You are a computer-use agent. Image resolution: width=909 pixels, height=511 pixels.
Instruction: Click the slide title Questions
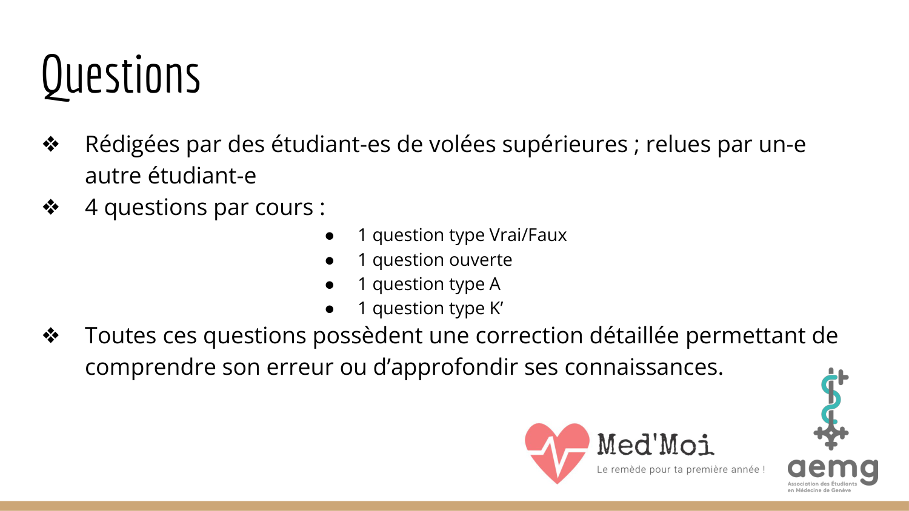(121, 76)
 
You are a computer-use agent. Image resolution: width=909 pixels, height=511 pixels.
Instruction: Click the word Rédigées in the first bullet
(132, 145)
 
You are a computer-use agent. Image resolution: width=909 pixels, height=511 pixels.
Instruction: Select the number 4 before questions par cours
(91, 208)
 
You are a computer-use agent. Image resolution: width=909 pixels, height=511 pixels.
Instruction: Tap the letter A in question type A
(494, 284)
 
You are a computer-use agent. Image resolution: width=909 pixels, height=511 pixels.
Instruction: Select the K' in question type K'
(496, 308)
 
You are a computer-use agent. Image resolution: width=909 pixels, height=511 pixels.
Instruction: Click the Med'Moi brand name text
(655, 444)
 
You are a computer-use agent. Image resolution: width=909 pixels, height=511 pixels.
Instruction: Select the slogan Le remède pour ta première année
(680, 469)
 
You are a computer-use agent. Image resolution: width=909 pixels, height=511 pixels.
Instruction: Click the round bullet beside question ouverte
(330, 260)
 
